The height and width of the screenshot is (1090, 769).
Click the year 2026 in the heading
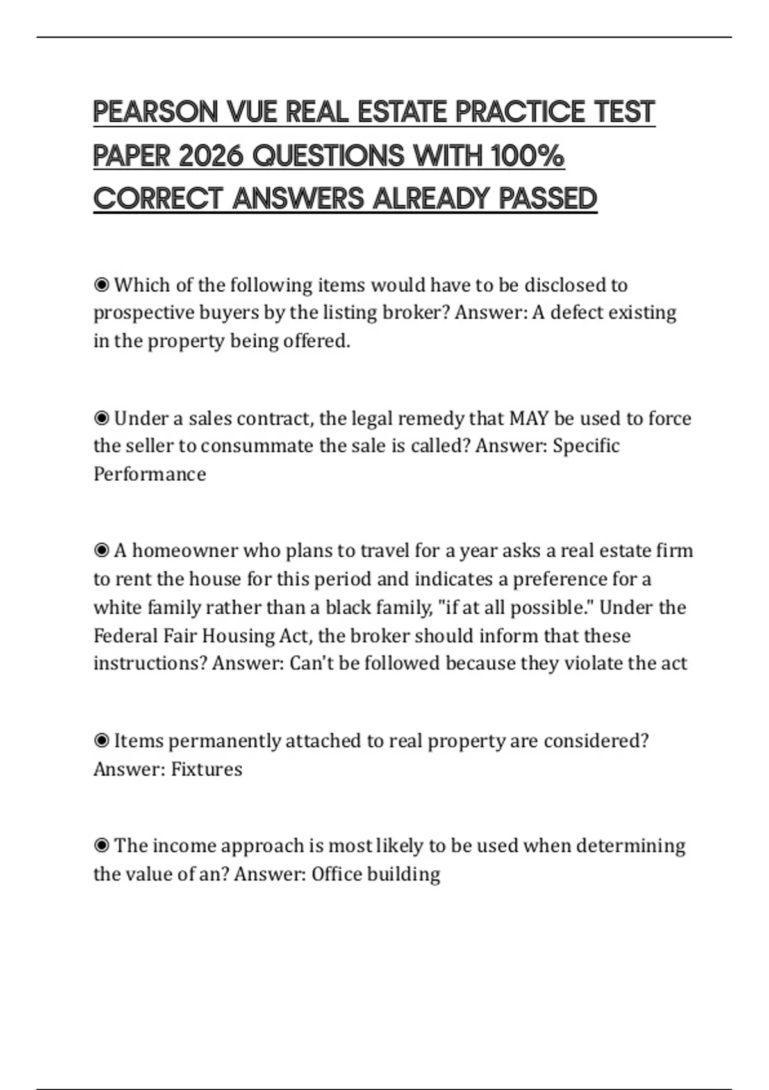(x=211, y=155)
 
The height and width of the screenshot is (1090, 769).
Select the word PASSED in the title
(x=548, y=199)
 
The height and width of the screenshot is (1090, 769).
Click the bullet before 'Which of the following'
(x=101, y=285)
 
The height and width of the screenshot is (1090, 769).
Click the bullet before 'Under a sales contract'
(x=101, y=418)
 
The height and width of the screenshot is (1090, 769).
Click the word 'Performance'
(x=150, y=474)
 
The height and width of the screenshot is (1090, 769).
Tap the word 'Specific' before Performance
(x=586, y=446)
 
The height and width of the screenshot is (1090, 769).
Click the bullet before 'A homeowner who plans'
(x=101, y=550)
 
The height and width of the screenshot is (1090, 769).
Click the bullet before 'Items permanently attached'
(x=101, y=741)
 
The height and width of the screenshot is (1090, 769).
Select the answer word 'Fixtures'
(x=206, y=769)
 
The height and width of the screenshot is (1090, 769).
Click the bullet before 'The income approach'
(x=101, y=846)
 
